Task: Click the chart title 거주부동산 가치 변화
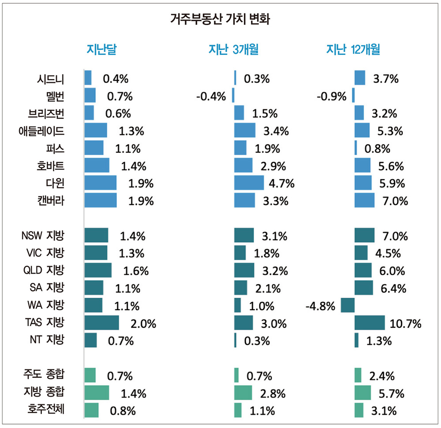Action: [220, 19]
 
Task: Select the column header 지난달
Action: [102, 50]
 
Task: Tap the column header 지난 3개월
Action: [233, 50]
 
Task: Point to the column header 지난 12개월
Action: [353, 50]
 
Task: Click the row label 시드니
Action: [51, 79]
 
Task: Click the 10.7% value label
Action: [405, 323]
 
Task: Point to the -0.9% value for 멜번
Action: [332, 96]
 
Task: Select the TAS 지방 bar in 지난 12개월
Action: [370, 323]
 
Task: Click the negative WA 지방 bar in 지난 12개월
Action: [348, 305]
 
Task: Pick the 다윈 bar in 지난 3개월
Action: [249, 183]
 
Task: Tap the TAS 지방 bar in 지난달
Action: [101, 323]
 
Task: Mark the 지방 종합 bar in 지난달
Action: [97, 392]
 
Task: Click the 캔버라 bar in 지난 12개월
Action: [364, 200]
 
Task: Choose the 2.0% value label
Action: [143, 323]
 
